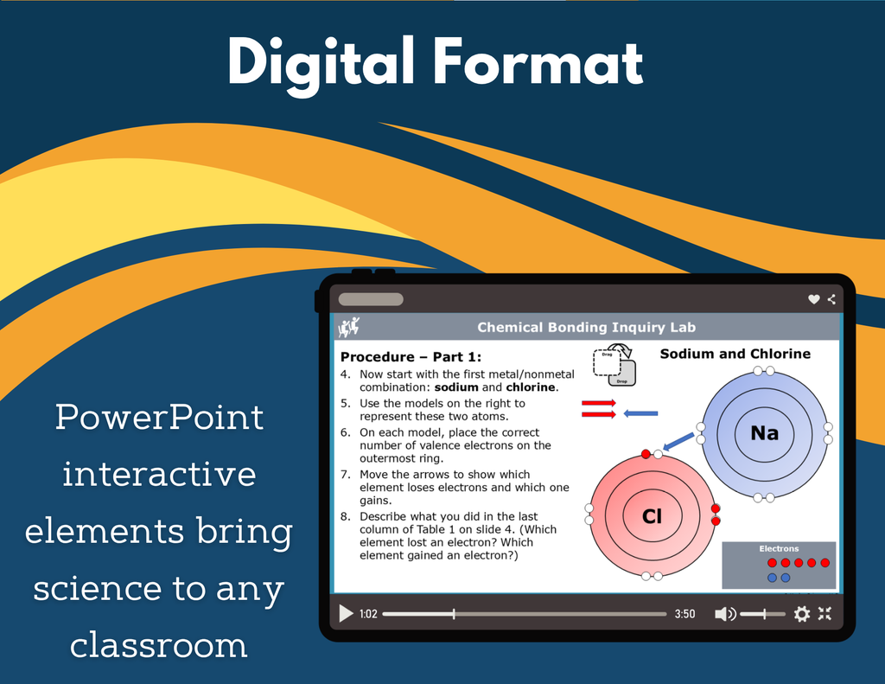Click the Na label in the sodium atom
coord(764,433)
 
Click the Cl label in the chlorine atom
coord(652,516)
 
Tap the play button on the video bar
coord(346,613)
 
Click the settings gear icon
coord(801,613)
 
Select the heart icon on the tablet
coord(813,299)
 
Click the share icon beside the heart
coord(831,299)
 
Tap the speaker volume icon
coord(725,614)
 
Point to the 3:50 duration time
coord(684,614)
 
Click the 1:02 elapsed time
coord(368,614)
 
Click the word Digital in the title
coord(322,63)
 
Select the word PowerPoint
coord(159,418)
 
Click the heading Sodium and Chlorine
coord(735,354)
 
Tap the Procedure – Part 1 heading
coord(411,357)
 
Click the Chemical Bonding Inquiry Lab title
coord(587,328)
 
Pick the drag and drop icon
coord(614,365)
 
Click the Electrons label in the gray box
coord(779,548)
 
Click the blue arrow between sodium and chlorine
coord(678,441)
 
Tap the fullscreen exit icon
coord(825,613)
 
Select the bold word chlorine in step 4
coord(531,387)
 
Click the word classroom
coord(159,645)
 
